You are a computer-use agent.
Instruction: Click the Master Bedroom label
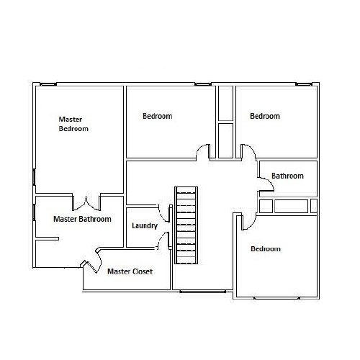pyautogui.click(x=73, y=124)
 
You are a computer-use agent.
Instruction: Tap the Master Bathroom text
pyautogui.click(x=82, y=219)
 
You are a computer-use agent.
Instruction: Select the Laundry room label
pyautogui.click(x=145, y=226)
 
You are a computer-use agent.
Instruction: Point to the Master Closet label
pyautogui.click(x=130, y=271)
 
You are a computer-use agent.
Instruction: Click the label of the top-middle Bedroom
pyautogui.click(x=157, y=116)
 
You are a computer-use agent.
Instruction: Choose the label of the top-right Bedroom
pyautogui.click(x=265, y=116)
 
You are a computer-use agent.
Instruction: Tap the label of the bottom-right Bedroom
pyautogui.click(x=265, y=249)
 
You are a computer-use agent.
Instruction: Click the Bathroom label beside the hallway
pyautogui.click(x=287, y=176)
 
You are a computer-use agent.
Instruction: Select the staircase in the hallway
pyautogui.click(x=186, y=225)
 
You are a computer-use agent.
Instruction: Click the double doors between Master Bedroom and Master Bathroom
pyautogui.click(x=87, y=201)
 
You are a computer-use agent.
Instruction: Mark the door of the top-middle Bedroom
pyautogui.click(x=204, y=152)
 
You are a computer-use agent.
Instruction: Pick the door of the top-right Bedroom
pyautogui.click(x=247, y=152)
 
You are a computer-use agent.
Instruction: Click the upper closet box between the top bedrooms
pyautogui.click(x=225, y=103)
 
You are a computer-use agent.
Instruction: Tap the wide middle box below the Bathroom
pyautogui.click(x=291, y=206)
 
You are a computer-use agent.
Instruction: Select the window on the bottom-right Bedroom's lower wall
pyautogui.click(x=276, y=297)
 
